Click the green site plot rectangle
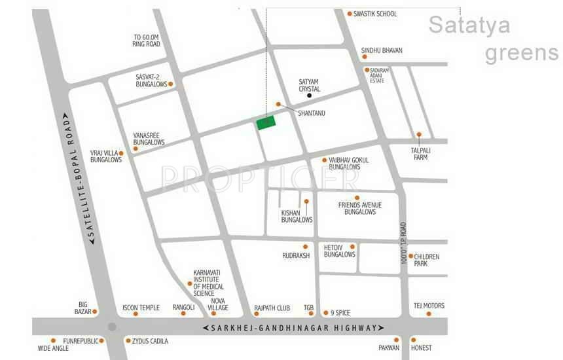click(x=266, y=122)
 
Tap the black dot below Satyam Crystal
click(x=310, y=96)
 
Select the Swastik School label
click(x=375, y=14)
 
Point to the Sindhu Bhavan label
click(x=382, y=50)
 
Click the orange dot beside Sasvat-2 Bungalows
click(x=171, y=84)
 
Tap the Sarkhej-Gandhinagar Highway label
click(x=293, y=327)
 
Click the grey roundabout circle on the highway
click(x=112, y=327)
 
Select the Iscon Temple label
click(x=141, y=307)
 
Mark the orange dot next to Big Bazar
click(x=95, y=312)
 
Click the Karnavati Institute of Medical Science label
click(x=208, y=283)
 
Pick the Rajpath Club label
click(x=272, y=307)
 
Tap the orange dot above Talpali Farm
click(x=419, y=135)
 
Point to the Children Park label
click(x=426, y=260)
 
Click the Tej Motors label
click(x=429, y=306)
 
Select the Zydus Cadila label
click(x=151, y=341)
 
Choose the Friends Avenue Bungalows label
click(x=359, y=208)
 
